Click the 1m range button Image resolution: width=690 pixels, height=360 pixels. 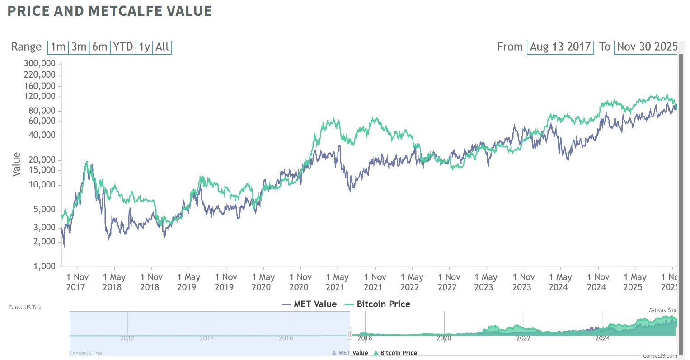[x=58, y=47]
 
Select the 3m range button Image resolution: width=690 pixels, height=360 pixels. [x=79, y=47]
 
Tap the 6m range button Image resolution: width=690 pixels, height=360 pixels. [x=100, y=47]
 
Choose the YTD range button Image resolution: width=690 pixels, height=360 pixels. [x=123, y=47]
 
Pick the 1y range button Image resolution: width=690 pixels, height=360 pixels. [x=144, y=47]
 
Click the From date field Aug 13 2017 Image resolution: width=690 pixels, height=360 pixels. [x=560, y=47]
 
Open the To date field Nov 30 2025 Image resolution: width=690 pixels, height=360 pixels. [x=647, y=47]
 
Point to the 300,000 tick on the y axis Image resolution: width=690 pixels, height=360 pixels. [x=40, y=63]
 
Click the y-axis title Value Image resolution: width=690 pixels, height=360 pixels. [x=17, y=164]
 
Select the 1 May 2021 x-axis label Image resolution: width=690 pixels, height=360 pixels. [x=337, y=282]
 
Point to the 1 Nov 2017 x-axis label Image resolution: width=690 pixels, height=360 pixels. [x=77, y=282]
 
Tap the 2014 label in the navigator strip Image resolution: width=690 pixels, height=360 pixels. [x=207, y=338]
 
